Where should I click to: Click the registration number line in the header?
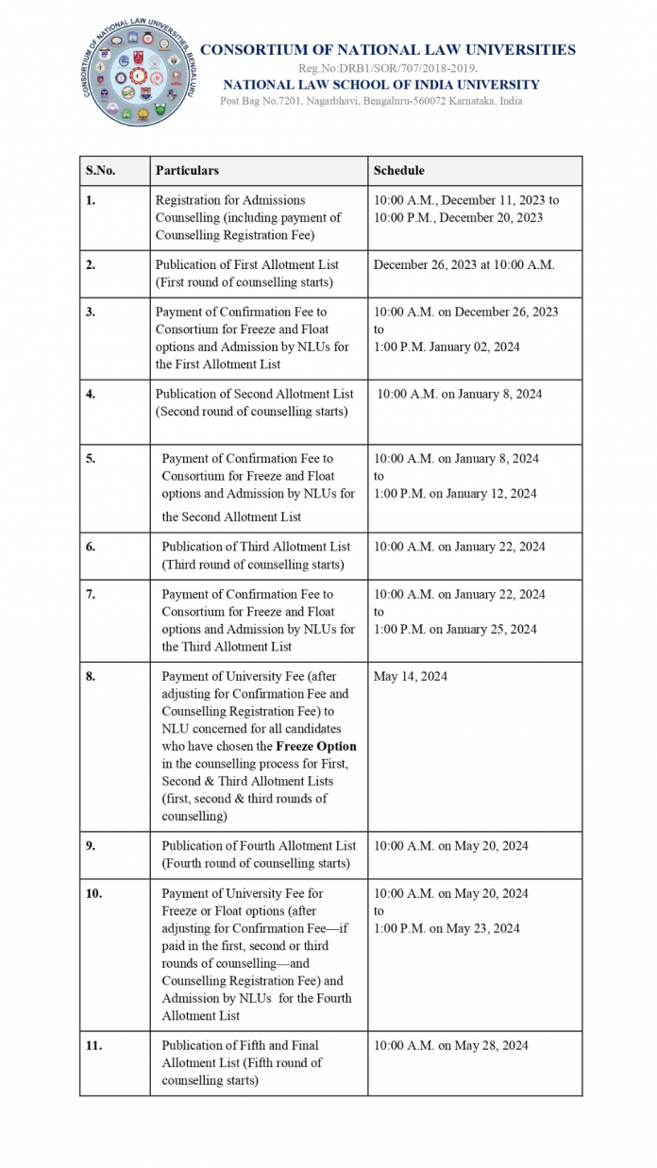coord(387,68)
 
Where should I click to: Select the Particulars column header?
coord(187,171)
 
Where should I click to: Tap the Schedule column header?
coord(398,171)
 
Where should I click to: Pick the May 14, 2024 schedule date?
coord(411,676)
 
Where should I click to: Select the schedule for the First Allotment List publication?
coord(463,264)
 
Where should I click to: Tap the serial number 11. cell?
coord(94,1045)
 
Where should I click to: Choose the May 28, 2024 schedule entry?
coord(450,1045)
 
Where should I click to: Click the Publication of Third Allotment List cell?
coord(255,555)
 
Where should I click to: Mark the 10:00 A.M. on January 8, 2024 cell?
coord(460,394)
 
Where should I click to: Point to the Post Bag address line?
coord(371,101)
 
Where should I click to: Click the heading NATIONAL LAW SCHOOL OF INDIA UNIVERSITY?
coord(381,85)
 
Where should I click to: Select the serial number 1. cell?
coord(91,200)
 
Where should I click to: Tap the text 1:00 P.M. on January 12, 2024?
coord(455,493)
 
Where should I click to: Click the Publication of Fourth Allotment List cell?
coord(259,855)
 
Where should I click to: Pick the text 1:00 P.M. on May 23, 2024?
coord(446,928)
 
